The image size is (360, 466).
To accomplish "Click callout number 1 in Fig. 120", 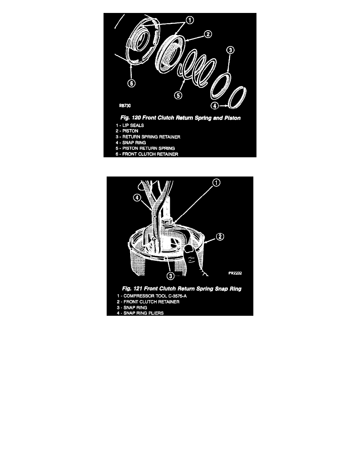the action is tap(189, 20).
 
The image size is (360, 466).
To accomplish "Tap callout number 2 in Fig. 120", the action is tap(208, 34).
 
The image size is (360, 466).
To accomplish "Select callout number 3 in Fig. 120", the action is tap(231, 50).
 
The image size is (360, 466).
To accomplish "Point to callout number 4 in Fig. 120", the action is tap(215, 106).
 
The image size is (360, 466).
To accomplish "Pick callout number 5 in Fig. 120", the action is tap(178, 95).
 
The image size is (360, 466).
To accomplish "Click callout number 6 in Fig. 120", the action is tap(132, 83).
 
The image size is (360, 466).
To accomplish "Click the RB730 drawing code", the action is tap(125, 106).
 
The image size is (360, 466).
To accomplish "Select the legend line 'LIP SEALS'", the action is tap(130, 126).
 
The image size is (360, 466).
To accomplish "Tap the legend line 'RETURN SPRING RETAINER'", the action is tap(148, 137).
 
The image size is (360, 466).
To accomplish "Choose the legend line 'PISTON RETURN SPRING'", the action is tap(145, 148).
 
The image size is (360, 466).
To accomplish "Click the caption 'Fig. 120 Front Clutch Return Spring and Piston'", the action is tap(180, 118).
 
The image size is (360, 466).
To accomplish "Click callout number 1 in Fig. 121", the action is tap(216, 182).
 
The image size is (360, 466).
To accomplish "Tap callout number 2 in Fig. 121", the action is tap(220, 237).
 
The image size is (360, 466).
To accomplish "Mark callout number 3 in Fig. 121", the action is tap(170, 276).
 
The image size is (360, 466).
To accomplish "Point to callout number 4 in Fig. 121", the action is tap(137, 198).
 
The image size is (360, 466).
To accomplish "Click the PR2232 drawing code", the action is tap(235, 273).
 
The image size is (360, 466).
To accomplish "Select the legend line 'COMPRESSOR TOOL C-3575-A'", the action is tap(152, 296).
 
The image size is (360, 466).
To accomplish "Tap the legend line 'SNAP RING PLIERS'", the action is tap(140, 313).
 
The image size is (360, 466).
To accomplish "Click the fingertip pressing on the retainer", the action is tap(188, 249).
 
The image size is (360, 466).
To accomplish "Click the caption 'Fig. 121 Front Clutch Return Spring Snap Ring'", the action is tap(182, 289).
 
